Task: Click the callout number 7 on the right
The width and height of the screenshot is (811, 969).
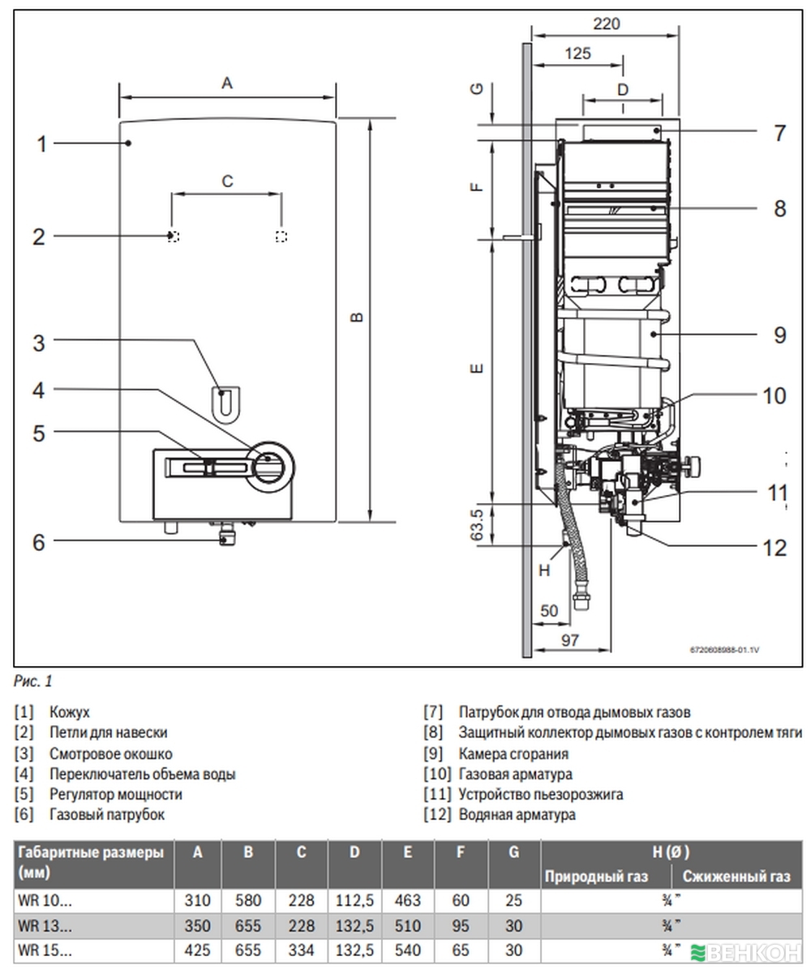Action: [x=779, y=134]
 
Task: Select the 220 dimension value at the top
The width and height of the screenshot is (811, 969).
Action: [x=606, y=23]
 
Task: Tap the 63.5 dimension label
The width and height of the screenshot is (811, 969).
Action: [x=478, y=525]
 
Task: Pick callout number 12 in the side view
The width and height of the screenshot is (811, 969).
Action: [x=775, y=548]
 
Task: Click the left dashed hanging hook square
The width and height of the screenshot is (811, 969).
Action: [x=173, y=237]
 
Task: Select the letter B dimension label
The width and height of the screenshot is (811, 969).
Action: [x=358, y=317]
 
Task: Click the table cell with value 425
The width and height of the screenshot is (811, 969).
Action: [x=197, y=950]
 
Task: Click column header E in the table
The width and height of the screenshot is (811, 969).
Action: [x=407, y=853]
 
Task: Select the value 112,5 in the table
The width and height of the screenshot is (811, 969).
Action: [x=354, y=900]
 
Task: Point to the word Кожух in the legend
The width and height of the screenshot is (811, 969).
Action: [x=70, y=712]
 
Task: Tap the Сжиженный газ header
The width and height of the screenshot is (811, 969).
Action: [x=736, y=876]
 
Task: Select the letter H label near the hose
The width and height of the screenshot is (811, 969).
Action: [x=544, y=570]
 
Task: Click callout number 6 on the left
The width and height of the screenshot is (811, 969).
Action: [x=39, y=542]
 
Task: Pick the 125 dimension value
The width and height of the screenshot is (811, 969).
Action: [x=577, y=54]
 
